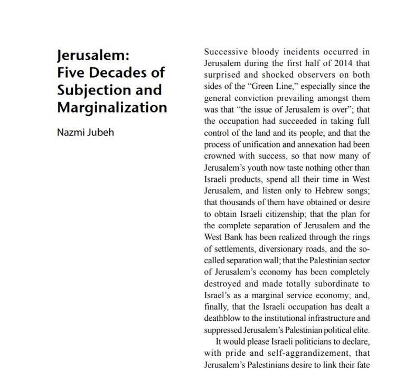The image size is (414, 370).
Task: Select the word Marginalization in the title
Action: pyautogui.click(x=112, y=107)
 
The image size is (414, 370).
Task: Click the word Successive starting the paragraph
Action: pyautogui.click(x=224, y=52)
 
